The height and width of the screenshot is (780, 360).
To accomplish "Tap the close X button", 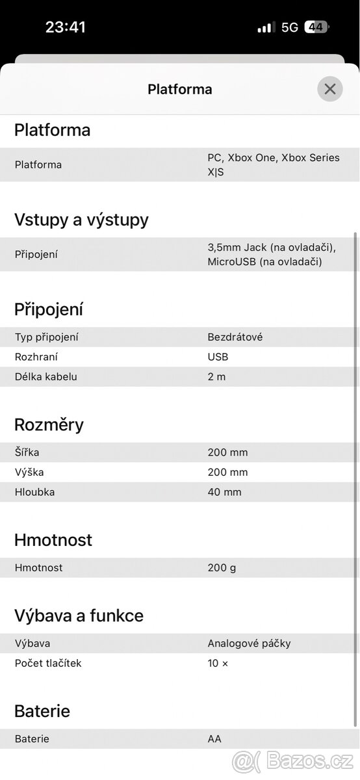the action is (329, 89).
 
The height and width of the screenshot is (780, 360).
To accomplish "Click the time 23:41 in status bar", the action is (66, 27).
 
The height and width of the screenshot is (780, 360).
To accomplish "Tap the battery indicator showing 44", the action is (316, 27).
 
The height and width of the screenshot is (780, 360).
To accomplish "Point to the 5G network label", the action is (289, 27).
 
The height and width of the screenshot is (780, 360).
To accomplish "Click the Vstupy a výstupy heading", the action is (81, 220).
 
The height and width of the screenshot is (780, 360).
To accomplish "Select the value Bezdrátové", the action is (235, 337).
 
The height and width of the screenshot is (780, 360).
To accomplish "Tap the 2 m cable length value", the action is (216, 377).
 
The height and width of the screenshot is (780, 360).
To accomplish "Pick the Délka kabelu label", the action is (45, 377).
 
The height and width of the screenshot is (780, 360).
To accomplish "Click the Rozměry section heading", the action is (49, 425).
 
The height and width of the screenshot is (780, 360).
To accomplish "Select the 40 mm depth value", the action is (224, 492).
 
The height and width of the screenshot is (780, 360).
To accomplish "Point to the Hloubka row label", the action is (34, 492).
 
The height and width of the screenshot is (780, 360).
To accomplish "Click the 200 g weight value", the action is (222, 568).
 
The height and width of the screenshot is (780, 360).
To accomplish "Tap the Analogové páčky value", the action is (249, 643).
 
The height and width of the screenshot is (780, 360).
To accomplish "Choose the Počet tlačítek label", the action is (48, 664).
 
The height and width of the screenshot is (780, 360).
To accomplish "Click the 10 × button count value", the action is (218, 664).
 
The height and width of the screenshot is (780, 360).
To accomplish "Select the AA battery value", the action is (214, 739).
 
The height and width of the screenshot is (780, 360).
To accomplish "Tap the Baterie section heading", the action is (42, 711).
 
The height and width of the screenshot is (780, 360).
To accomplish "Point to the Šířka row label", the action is (27, 452).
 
